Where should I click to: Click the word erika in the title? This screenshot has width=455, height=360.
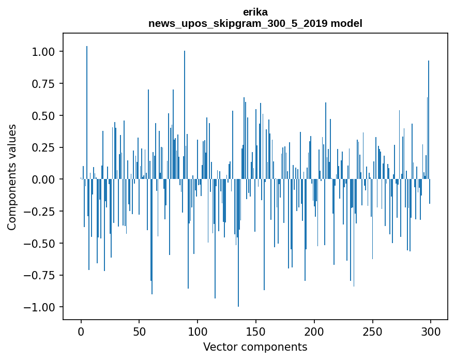(x=255, y=12)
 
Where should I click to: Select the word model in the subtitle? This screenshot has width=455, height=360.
(x=346, y=23)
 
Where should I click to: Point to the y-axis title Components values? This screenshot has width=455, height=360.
(x=11, y=177)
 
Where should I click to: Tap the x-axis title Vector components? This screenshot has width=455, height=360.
(x=255, y=347)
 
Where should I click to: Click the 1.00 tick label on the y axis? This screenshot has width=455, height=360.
(x=43, y=52)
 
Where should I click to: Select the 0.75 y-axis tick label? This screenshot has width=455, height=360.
(x=43, y=84)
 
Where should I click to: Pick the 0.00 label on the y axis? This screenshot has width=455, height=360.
(x=43, y=179)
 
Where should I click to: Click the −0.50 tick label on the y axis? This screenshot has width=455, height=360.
(x=39, y=243)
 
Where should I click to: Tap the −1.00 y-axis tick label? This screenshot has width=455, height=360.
(x=39, y=307)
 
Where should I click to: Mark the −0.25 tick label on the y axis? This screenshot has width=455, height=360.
(x=39, y=212)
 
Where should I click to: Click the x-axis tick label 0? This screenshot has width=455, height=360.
(x=81, y=331)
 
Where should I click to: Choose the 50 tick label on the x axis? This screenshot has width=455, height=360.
(x=139, y=331)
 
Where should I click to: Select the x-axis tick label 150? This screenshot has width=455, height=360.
(x=255, y=331)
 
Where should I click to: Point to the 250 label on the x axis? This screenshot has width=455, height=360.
(x=372, y=331)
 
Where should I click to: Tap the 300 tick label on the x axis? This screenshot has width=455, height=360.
(x=431, y=331)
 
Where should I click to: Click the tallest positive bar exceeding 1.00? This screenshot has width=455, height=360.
(x=87, y=112)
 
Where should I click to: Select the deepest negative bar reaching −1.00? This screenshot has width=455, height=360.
(x=238, y=243)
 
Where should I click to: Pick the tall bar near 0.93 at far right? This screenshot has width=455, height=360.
(x=429, y=119)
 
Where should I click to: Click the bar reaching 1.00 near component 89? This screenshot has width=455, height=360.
(x=185, y=115)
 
